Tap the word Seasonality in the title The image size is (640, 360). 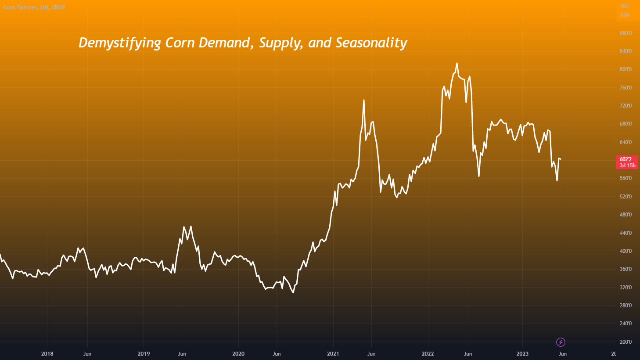pyautogui.click(x=371, y=43)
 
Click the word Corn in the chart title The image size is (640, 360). pyautogui.click(x=180, y=43)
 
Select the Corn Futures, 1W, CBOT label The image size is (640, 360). pyautogui.click(x=34, y=7)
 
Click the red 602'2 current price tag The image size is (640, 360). pyautogui.click(x=627, y=162)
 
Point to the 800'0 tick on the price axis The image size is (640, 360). pyautogui.click(x=626, y=69)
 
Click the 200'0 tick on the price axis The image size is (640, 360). pyautogui.click(x=626, y=342)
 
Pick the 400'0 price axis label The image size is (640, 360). pyautogui.click(x=626, y=251)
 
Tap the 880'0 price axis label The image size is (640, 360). pyautogui.click(x=626, y=33)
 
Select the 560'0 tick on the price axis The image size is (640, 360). pyautogui.click(x=626, y=178)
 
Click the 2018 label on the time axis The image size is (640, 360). pyautogui.click(x=47, y=353)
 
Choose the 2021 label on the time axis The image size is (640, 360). pyautogui.click(x=333, y=353)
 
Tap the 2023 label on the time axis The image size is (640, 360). pyautogui.click(x=522, y=353)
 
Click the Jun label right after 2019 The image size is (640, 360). pyautogui.click(x=182, y=353)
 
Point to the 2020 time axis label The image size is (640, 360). pyautogui.click(x=238, y=353)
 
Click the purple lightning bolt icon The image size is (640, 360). pyautogui.click(x=561, y=342)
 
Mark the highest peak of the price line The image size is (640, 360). pyautogui.click(x=457, y=64)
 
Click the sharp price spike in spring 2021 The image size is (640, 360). pyautogui.click(x=364, y=101)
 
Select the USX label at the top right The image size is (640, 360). pyautogui.click(x=625, y=6)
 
